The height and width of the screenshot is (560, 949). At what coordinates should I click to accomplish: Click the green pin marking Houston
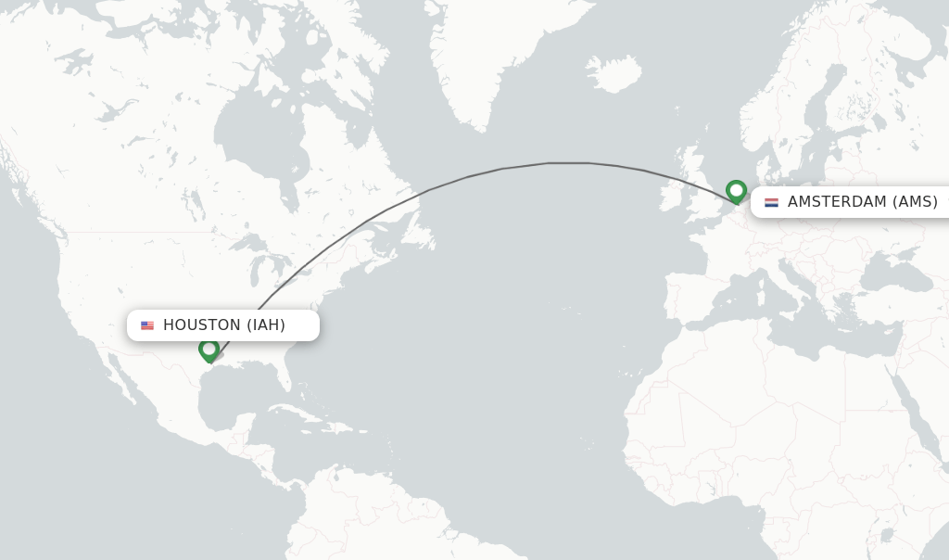pyautogui.click(x=209, y=350)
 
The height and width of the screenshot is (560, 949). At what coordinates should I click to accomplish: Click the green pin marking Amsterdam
pyautogui.click(x=736, y=191)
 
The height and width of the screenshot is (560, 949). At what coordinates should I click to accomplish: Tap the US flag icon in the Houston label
pyautogui.click(x=147, y=325)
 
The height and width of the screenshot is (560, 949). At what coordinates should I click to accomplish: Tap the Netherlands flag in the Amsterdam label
pyautogui.click(x=771, y=202)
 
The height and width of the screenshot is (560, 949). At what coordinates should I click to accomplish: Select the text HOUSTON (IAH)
pyautogui.click(x=224, y=325)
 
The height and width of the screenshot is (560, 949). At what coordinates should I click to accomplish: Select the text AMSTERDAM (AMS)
pyautogui.click(x=862, y=202)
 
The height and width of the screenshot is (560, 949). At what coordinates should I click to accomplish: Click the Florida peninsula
pyautogui.click(x=294, y=380)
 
